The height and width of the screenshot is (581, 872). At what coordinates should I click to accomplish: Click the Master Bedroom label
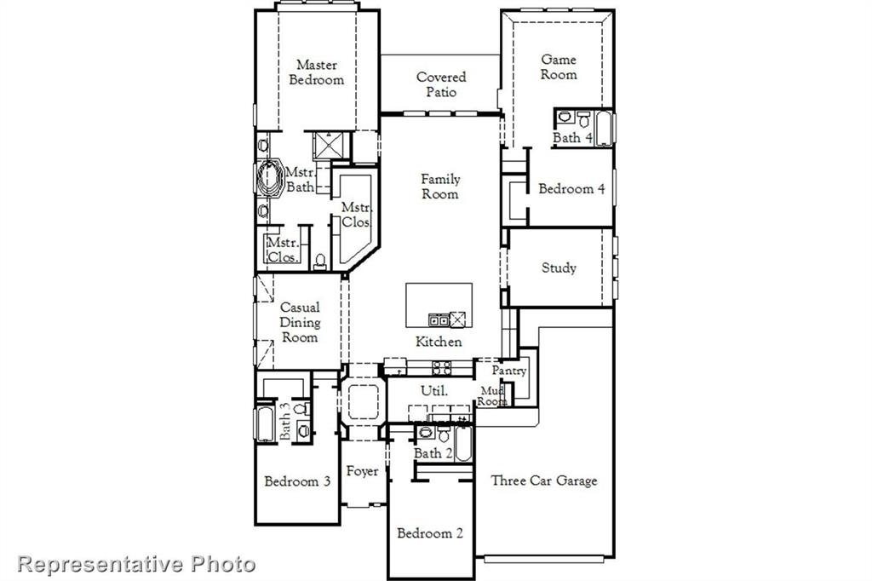pyautogui.click(x=316, y=72)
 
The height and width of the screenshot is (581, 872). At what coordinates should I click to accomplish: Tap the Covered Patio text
pyautogui.click(x=440, y=84)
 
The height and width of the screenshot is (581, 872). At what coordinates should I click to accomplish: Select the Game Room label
pyautogui.click(x=559, y=67)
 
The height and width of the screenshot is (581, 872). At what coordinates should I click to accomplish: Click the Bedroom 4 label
pyautogui.click(x=571, y=189)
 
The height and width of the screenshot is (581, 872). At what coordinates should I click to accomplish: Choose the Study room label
pyautogui.click(x=559, y=267)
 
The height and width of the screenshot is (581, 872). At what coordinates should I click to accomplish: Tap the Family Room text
pyautogui.click(x=440, y=187)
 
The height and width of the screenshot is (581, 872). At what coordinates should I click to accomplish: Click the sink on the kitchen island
pyautogui.click(x=439, y=320)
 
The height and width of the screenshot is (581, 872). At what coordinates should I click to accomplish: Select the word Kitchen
pyautogui.click(x=439, y=342)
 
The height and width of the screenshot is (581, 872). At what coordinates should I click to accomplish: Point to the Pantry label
pyautogui.click(x=508, y=371)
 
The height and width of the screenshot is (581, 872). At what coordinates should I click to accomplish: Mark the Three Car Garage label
pyautogui.click(x=544, y=480)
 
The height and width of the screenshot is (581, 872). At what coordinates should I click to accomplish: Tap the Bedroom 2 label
pyautogui.click(x=430, y=533)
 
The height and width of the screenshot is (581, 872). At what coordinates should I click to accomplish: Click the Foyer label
pyautogui.click(x=362, y=471)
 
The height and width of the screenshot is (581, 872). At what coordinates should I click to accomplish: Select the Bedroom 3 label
pyautogui.click(x=297, y=481)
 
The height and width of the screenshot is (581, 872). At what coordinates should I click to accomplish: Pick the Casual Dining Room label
pyautogui.click(x=300, y=322)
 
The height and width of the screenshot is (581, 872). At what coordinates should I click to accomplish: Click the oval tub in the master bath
pyautogui.click(x=270, y=177)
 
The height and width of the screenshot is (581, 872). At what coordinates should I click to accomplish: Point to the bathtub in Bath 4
pyautogui.click(x=603, y=128)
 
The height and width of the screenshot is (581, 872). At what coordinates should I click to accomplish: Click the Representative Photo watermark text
pyautogui.click(x=136, y=563)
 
